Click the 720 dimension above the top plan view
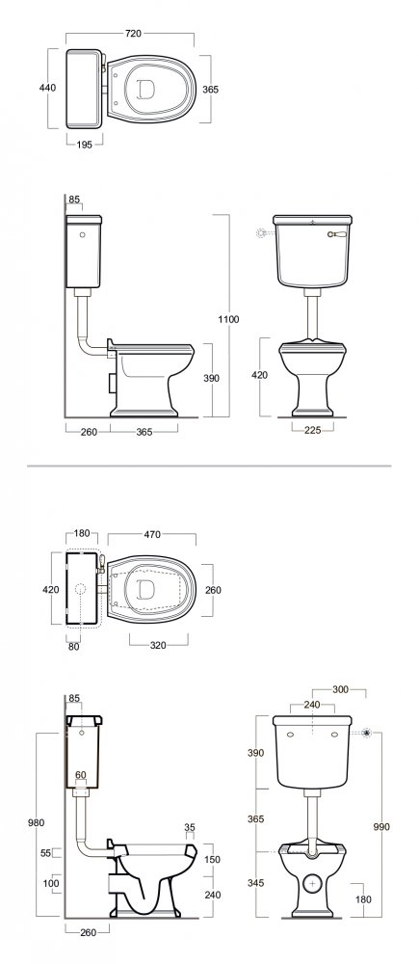(133, 34)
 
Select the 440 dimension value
(47, 88)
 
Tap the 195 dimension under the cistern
(85, 145)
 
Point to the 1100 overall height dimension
(227, 319)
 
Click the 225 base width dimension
(313, 430)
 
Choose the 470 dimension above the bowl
(152, 535)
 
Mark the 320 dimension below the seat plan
(159, 646)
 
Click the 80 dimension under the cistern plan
(74, 646)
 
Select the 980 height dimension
(37, 823)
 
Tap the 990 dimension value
(380, 827)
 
